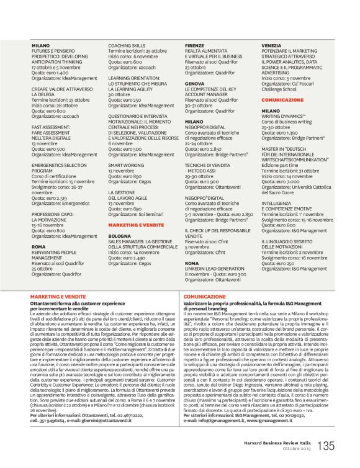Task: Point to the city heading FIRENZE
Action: (x=194, y=46)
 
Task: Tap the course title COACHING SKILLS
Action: (x=127, y=46)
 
